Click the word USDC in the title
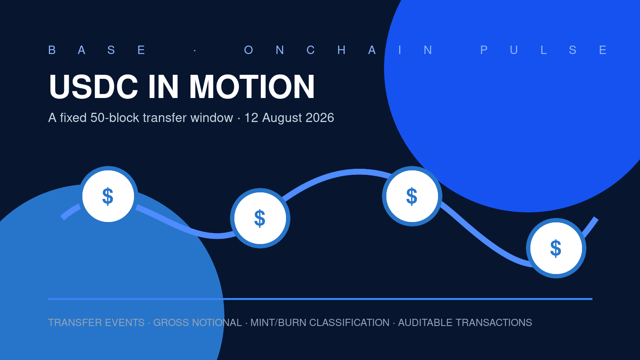pos(94,86)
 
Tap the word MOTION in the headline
pos(252,86)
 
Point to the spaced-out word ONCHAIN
pos(338,50)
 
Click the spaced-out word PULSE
pos(544,50)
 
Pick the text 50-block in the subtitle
pos(114,118)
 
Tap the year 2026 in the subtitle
pos(320,118)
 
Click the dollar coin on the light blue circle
pos(108,196)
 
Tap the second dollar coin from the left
pos(260,218)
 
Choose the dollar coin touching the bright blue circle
pos(412,196)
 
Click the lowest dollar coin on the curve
pos(556,248)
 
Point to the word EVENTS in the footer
pos(124,322)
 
